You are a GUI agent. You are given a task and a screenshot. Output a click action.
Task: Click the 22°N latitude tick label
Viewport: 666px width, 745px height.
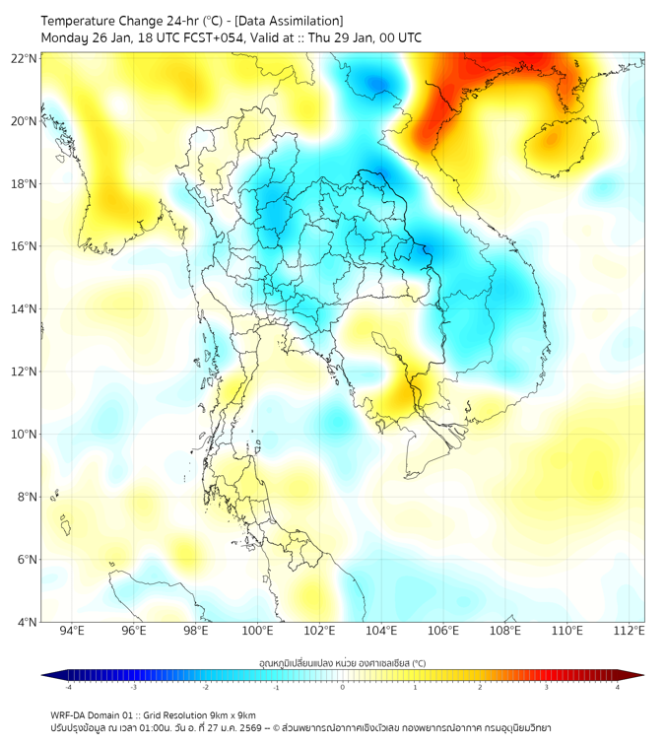(x=25, y=58)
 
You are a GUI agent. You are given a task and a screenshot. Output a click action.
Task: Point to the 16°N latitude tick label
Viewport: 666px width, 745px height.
(x=25, y=246)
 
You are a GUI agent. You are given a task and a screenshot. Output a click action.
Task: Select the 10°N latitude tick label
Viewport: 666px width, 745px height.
(x=25, y=435)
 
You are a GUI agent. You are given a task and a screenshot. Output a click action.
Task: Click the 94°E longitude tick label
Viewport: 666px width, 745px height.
(x=72, y=631)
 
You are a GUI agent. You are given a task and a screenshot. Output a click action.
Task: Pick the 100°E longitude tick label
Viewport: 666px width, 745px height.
(x=258, y=631)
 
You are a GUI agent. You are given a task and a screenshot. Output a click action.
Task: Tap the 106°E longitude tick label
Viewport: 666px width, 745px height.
(x=443, y=631)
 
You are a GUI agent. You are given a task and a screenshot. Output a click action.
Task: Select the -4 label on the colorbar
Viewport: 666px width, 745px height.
(x=68, y=687)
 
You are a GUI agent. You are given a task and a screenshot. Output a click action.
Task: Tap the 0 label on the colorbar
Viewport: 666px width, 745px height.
(x=343, y=687)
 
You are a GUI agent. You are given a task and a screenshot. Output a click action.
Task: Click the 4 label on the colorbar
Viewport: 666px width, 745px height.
(x=618, y=687)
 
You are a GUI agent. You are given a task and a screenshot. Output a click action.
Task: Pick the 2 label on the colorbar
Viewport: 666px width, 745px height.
(x=480, y=687)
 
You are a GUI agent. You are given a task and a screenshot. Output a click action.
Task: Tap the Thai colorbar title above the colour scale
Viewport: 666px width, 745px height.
(x=342, y=662)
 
